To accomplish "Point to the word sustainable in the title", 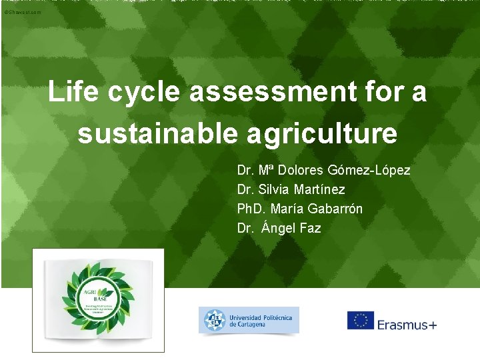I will coord(157,133).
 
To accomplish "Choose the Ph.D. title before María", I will coord(251,209).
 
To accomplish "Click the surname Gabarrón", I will coord(335,209).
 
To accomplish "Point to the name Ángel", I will coord(281,228).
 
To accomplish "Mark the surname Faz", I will coord(311,228).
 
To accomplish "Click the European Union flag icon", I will coord(360,321).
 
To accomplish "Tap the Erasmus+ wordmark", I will coord(407,325).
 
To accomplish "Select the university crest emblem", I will coord(215,320).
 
